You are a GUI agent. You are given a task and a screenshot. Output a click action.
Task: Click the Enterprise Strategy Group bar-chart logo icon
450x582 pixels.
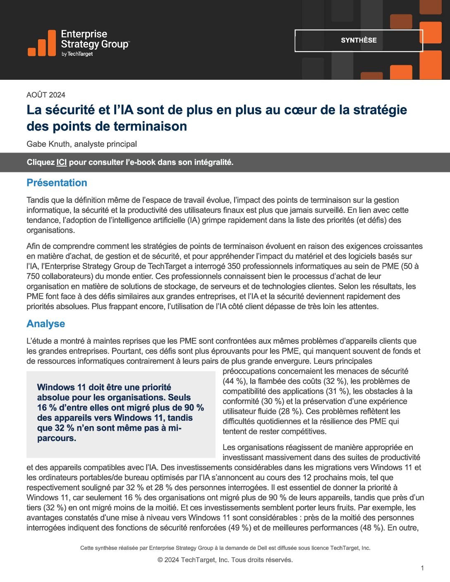pyautogui.click(x=42, y=43)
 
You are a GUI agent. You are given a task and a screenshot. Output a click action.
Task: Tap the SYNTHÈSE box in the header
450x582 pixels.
pyautogui.click(x=359, y=41)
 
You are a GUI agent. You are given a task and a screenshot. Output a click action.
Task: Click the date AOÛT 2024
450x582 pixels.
pyautogui.click(x=46, y=95)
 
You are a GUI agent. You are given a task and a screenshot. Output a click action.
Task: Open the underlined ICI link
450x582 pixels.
pyautogui.click(x=62, y=162)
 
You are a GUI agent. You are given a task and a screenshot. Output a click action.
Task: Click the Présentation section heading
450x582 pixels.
pyautogui.click(x=57, y=183)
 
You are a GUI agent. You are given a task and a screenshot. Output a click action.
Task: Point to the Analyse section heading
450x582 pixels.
pyautogui.click(x=45, y=324)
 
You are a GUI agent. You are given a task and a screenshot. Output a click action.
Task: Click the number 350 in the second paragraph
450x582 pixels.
pyautogui.click(x=235, y=267)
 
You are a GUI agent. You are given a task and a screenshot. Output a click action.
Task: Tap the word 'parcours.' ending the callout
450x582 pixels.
pyautogui.click(x=57, y=439)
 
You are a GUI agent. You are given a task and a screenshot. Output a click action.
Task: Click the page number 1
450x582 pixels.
pyautogui.click(x=422, y=568)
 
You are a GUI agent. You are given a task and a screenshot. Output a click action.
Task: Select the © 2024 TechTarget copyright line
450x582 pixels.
pyautogui.click(x=225, y=560)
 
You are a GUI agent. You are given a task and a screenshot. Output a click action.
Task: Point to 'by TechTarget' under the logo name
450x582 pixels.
pyautogui.click(x=77, y=54)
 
